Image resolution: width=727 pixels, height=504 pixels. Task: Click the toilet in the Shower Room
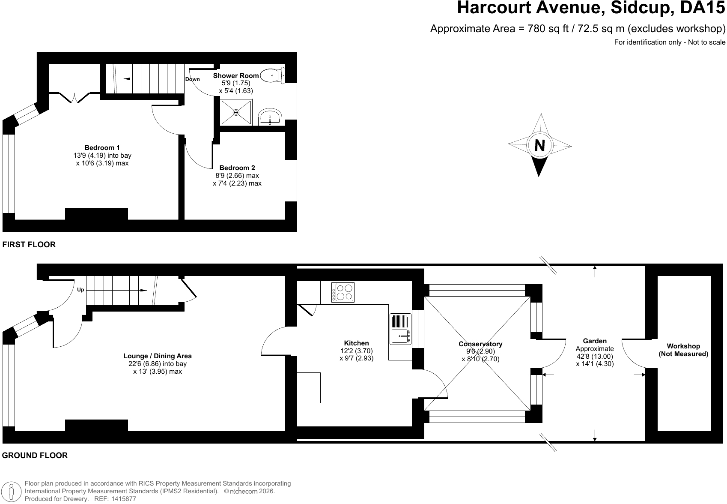pos(272,75)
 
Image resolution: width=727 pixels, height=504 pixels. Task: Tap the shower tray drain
pos(236,112)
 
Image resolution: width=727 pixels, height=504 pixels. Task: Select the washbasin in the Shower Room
pos(270,117)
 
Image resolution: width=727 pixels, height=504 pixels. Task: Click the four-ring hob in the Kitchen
pos(343,292)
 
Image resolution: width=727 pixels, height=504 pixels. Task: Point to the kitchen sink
pos(400,329)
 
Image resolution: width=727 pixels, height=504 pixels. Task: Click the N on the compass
pos(539,145)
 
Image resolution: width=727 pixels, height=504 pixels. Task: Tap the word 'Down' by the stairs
pos(193,79)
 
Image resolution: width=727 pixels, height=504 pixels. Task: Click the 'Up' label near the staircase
pos(80,290)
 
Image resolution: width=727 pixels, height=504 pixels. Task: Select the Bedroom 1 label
pos(102,147)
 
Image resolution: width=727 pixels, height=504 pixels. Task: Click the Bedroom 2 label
pos(237,168)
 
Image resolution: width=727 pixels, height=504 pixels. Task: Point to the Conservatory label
pos(480,344)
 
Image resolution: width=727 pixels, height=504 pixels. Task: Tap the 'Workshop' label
pos(683,346)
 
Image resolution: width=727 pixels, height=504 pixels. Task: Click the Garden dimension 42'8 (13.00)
pos(595,356)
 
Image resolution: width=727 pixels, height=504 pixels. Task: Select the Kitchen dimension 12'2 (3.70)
pos(357,351)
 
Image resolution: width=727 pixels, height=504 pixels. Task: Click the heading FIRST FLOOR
pos(29,244)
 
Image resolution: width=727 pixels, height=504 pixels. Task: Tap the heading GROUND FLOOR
pos(35,455)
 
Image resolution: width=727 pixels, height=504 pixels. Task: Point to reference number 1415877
pos(124,499)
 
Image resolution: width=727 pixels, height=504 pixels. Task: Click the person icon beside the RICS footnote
pos(12,491)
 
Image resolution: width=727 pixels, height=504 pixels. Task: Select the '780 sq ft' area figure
pos(548,29)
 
